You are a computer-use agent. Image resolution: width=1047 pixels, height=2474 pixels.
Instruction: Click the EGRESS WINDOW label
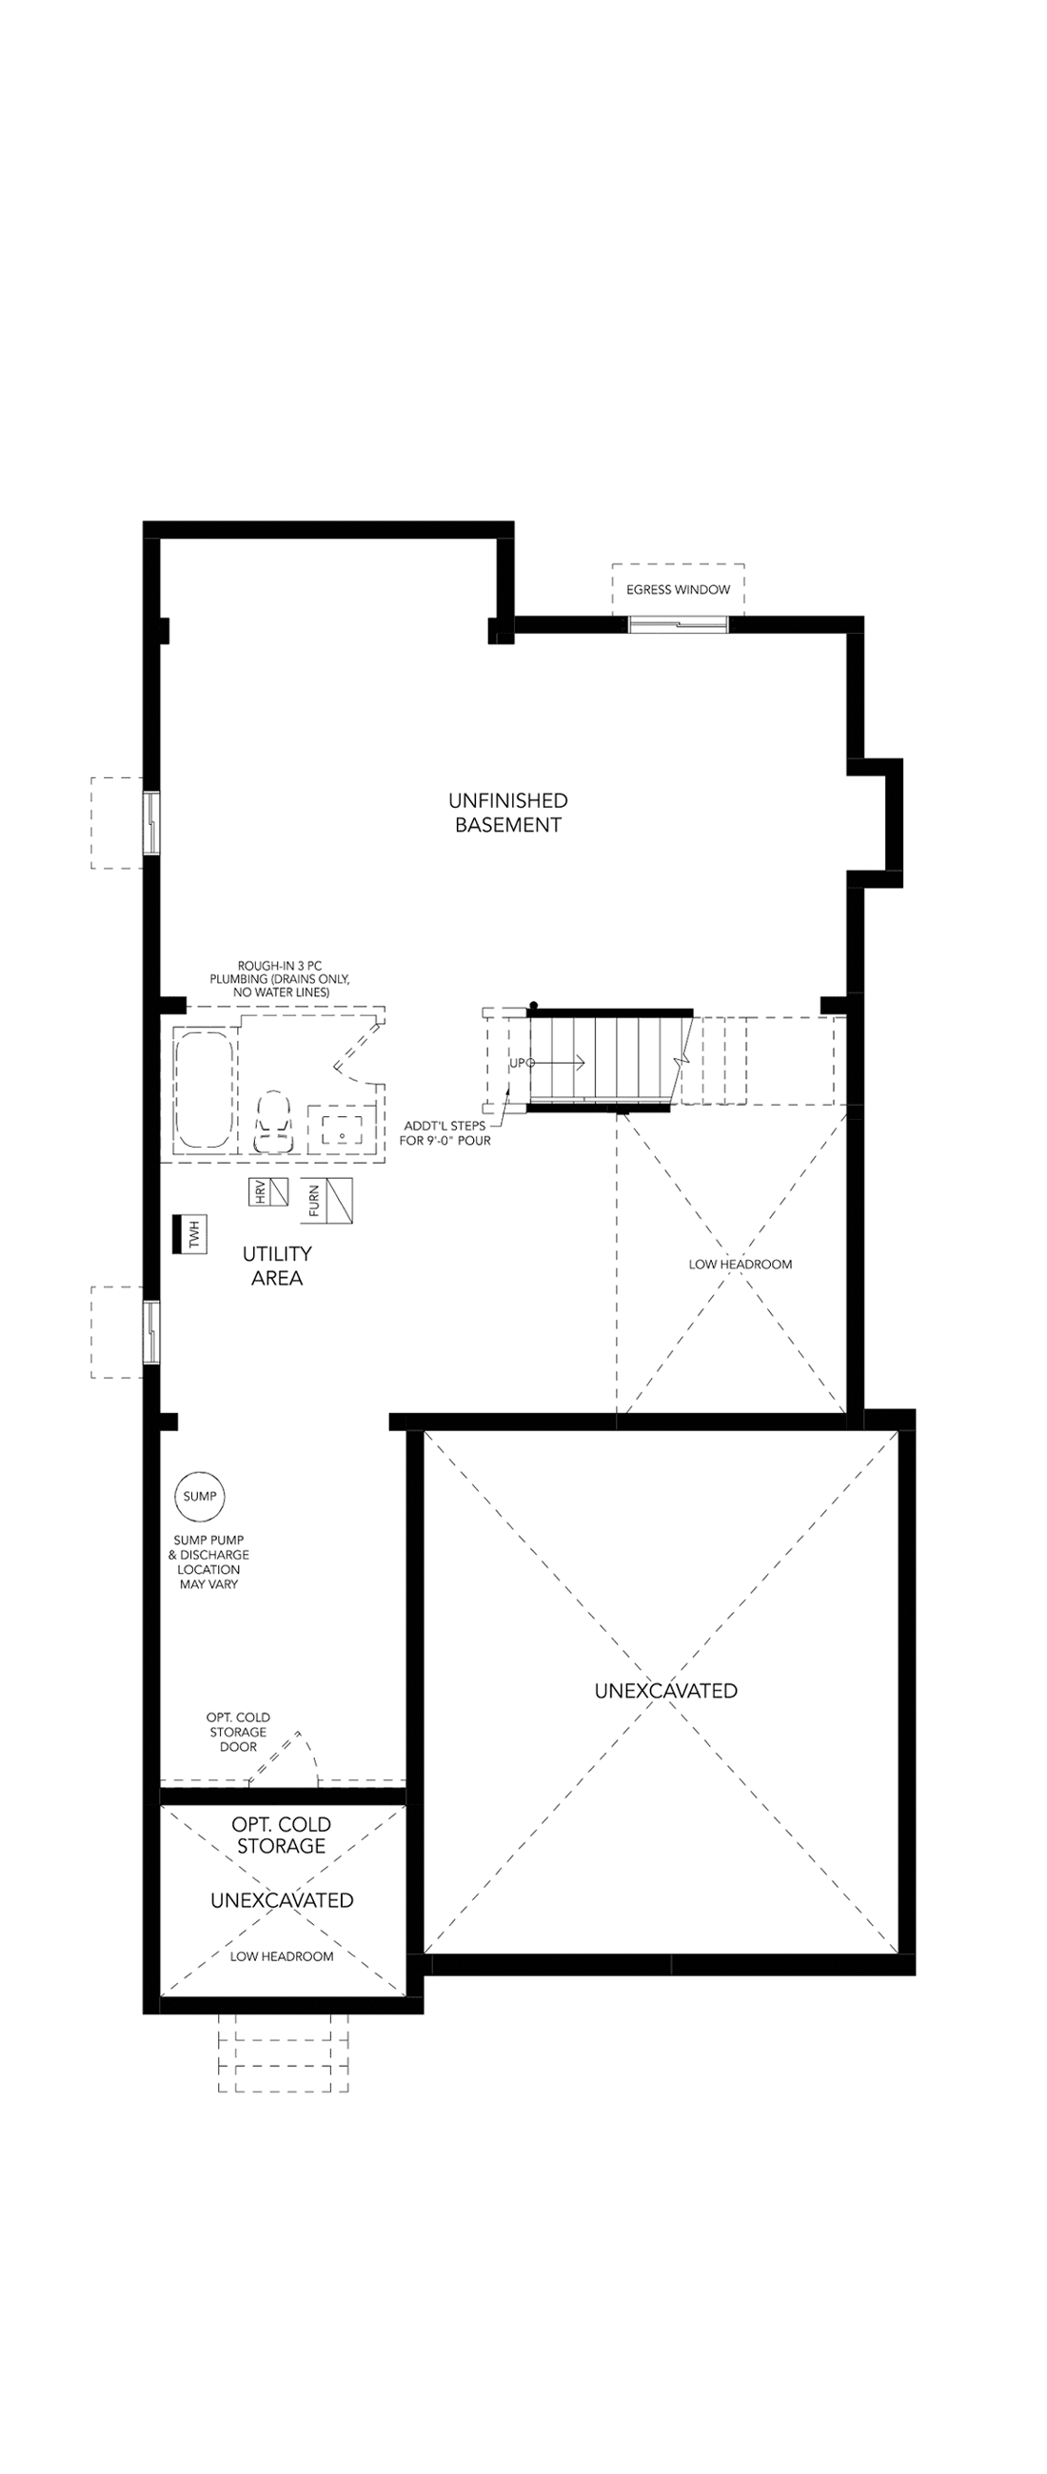coord(678,590)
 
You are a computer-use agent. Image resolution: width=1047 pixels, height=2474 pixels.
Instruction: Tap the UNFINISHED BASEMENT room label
coord(508,813)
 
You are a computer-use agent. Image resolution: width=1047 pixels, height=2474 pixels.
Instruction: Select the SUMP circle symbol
coord(200,1497)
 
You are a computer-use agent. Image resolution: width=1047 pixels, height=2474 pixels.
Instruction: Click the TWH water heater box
coord(189,1234)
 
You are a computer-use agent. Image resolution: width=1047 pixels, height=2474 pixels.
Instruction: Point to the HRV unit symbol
coord(268,1192)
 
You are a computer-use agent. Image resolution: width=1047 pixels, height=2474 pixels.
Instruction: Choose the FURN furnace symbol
coord(326,1201)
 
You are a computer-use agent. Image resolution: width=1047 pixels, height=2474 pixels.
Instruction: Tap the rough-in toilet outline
coord(273,1121)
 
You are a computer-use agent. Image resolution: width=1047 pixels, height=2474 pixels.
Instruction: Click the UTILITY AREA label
coord(277,1266)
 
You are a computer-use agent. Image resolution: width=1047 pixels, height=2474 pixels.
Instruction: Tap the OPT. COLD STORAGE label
coord(282,1835)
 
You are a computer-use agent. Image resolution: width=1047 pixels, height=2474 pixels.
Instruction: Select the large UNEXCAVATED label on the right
coord(665,1690)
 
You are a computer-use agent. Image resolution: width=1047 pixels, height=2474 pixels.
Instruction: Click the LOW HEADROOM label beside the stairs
coord(741,1264)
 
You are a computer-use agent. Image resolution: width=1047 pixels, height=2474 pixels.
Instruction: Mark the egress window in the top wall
coord(678,625)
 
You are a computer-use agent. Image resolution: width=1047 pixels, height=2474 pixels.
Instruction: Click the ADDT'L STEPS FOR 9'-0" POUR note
coord(444,1133)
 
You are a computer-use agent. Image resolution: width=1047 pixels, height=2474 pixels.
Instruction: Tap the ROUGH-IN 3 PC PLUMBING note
coord(280,978)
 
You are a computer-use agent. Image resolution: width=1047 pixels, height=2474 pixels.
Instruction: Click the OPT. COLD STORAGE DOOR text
coord(238,1732)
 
